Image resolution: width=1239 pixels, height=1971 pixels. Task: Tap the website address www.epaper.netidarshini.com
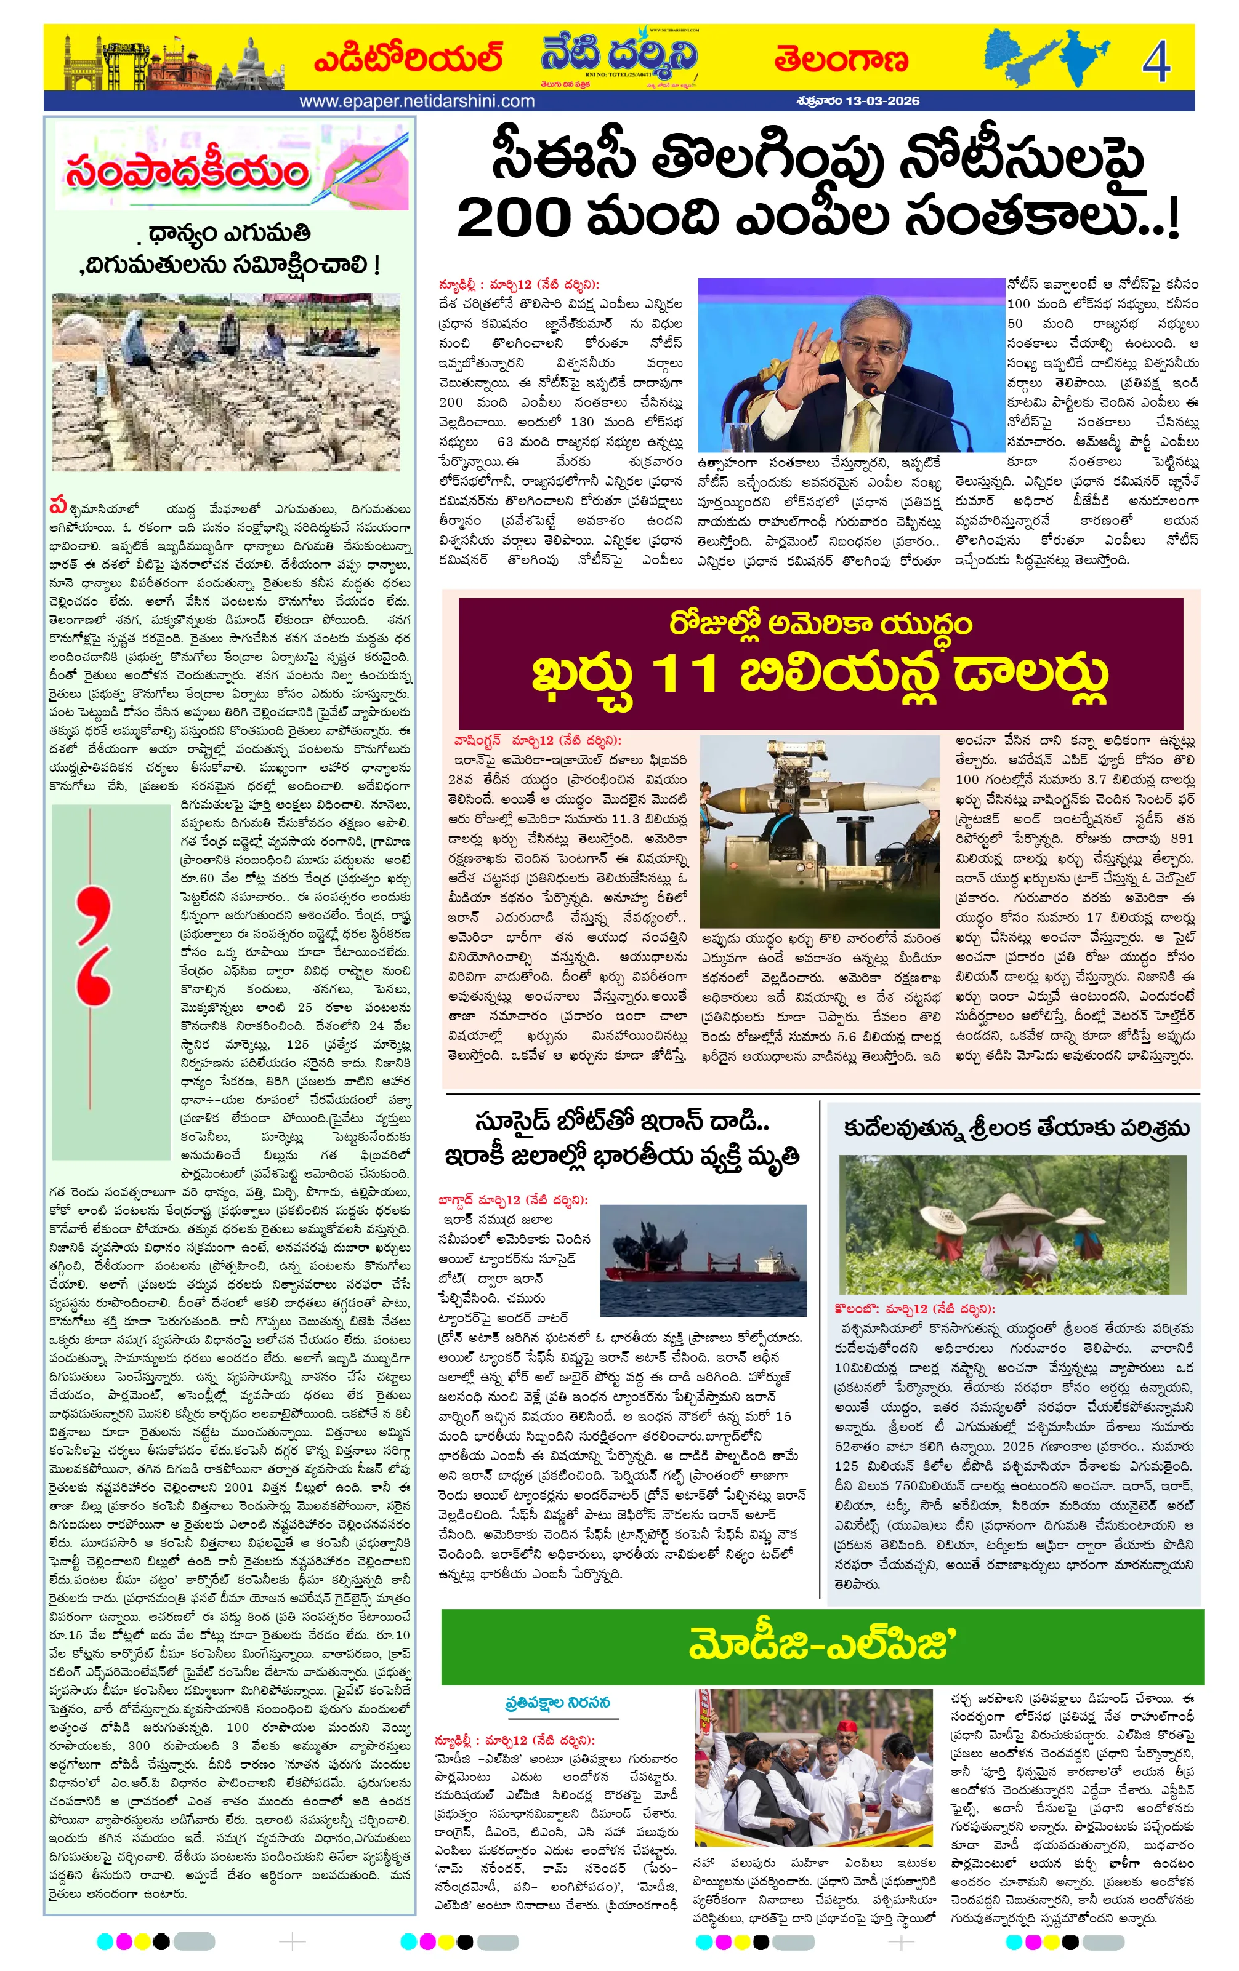point(417,102)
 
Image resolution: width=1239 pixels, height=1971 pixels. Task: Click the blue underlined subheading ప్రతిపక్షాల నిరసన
point(557,1703)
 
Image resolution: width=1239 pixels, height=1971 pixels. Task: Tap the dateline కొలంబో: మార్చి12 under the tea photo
point(913,1309)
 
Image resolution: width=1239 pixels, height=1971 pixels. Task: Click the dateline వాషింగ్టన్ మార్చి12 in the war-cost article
point(537,741)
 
